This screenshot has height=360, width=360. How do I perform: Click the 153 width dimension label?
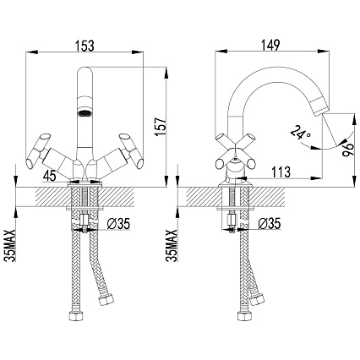[x=85, y=46]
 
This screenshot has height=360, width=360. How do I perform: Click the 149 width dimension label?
[x=271, y=45]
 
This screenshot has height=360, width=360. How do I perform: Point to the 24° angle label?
[x=300, y=133]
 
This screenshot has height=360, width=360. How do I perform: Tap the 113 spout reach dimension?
[x=281, y=172]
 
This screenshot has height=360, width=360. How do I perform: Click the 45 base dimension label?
[x=50, y=177]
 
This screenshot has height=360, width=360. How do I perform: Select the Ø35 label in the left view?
[x=118, y=224]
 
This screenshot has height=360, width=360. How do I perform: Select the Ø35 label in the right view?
[x=270, y=224]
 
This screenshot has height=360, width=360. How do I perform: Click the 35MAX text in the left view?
[x=11, y=246]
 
